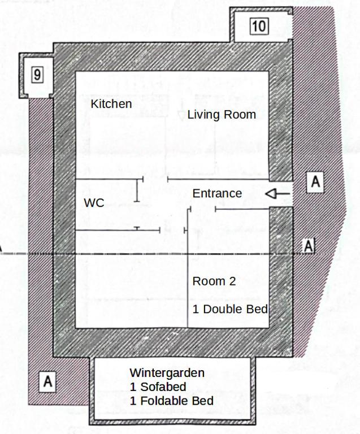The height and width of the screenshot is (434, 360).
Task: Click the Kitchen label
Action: point(111,104)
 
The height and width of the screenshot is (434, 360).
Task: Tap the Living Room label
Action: point(222,115)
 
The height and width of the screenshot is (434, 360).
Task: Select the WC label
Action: point(94,203)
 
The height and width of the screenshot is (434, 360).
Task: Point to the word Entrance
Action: point(217,193)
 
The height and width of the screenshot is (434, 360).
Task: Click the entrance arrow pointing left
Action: point(277,194)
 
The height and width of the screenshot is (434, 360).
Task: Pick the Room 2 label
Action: point(214,281)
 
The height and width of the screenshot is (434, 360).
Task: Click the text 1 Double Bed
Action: point(229,309)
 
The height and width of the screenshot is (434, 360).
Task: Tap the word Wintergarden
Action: point(167,373)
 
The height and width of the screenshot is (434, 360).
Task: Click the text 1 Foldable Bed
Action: point(171,401)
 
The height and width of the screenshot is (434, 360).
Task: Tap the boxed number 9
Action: point(37,75)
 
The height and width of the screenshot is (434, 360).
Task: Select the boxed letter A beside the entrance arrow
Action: point(315,183)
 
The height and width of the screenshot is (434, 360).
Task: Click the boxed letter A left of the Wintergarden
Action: point(48,382)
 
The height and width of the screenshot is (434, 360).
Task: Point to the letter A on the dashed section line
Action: point(309,246)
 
